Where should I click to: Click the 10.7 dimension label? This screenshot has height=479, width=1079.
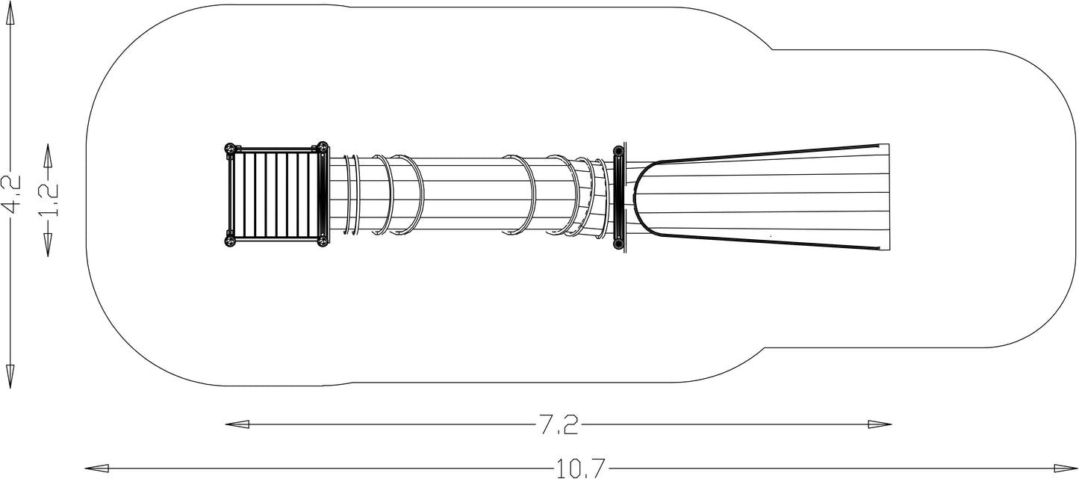(x=580, y=468)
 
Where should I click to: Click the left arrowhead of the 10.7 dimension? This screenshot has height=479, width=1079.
(x=97, y=468)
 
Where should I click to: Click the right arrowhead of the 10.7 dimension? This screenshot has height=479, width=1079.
(x=1065, y=468)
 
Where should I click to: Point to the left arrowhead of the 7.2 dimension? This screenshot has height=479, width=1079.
(x=237, y=424)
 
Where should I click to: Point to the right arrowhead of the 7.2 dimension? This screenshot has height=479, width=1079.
(x=880, y=424)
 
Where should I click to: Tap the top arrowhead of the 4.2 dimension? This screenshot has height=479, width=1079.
(x=10, y=16)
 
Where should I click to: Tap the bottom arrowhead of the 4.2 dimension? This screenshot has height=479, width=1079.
(x=10, y=377)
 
